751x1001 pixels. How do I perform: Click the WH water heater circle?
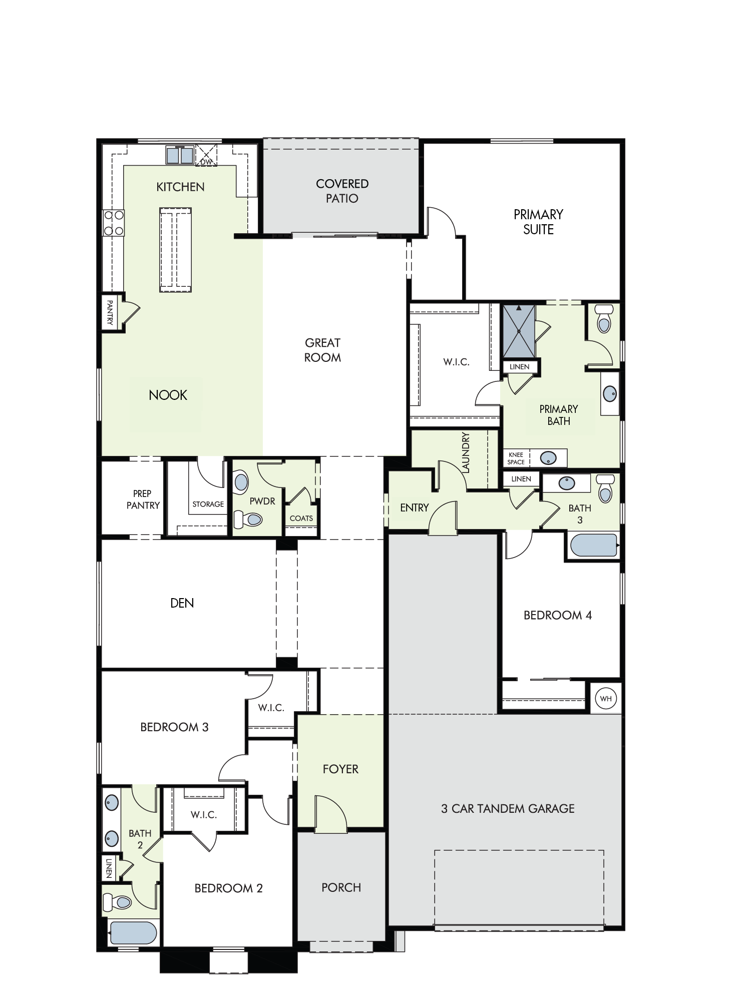[606, 699]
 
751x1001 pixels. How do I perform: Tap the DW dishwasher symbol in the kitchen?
[206, 155]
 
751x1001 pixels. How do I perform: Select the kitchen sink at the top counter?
[180, 155]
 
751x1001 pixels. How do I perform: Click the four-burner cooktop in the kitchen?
[114, 223]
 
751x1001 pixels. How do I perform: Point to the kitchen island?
[175, 250]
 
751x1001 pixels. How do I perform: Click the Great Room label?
[322, 350]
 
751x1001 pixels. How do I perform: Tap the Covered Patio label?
[342, 191]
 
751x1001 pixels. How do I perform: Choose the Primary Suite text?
[538, 222]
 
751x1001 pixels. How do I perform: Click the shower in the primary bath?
[519, 331]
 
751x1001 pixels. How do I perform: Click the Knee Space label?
[516, 458]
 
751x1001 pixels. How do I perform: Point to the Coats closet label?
[301, 518]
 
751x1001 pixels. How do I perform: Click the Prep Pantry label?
[143, 499]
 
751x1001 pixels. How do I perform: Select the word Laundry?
[466, 452]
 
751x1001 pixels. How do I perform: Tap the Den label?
[182, 603]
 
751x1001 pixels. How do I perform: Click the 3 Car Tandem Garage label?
[508, 808]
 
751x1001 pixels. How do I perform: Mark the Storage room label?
[208, 504]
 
